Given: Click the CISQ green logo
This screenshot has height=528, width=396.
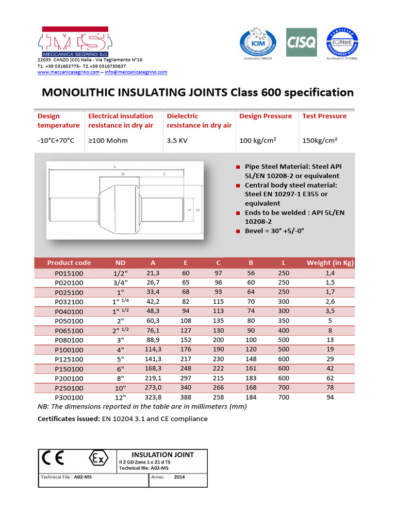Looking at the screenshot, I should point(302,42).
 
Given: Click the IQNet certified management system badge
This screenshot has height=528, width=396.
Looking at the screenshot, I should point(342,41).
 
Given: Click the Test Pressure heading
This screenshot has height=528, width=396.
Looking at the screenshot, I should point(324,116).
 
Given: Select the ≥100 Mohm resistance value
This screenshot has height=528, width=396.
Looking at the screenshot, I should point(108,140).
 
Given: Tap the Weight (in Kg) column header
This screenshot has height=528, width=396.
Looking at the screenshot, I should point(330,262).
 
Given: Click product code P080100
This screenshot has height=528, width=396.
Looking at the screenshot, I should point(69,340).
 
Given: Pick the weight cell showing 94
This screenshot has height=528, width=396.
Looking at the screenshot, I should point(330,398).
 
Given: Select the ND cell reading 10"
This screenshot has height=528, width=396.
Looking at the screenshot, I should point(120,388).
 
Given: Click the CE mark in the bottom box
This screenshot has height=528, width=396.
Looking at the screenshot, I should point(53,458).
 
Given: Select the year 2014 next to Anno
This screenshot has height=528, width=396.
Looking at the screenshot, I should point(179,477).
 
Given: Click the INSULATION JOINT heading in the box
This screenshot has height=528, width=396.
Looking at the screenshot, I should point(162,454).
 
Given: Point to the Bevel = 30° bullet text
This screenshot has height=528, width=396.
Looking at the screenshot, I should point(274,231).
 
